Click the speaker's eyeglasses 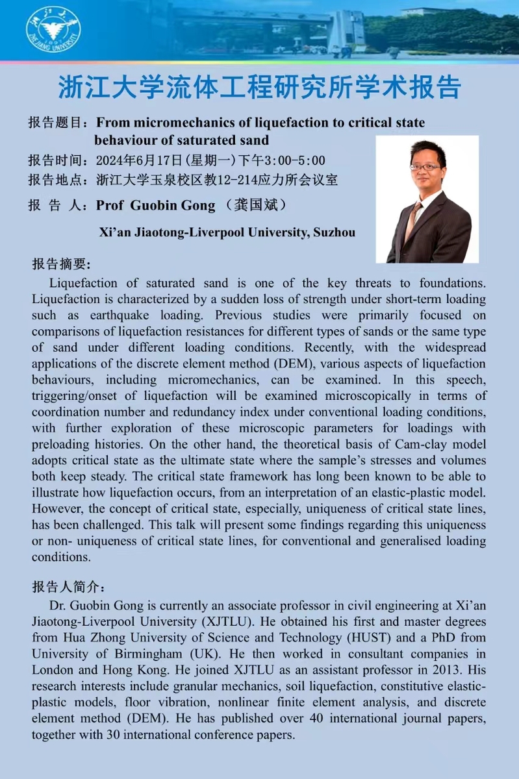point(425,167)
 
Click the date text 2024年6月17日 point(140,160)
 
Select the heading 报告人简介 point(67,587)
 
